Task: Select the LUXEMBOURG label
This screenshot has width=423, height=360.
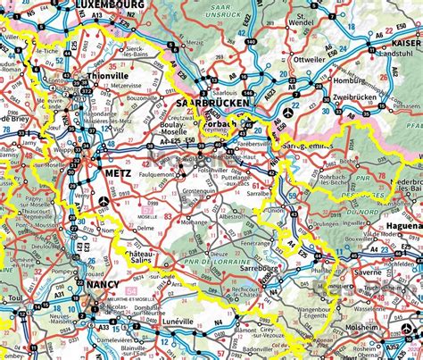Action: pyautogui.click(x=109, y=4)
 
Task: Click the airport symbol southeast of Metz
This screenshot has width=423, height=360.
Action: pyautogui.click(x=105, y=201)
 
